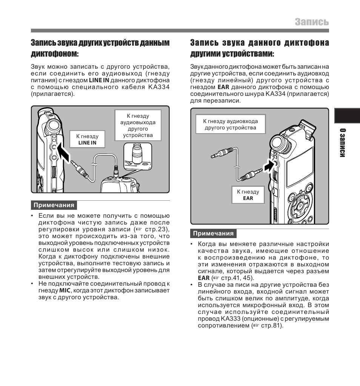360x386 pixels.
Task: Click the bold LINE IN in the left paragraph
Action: (99, 80)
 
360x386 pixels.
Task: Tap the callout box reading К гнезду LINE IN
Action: (87, 139)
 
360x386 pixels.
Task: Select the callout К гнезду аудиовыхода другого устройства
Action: (138, 126)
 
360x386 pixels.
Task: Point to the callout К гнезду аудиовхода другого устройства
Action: (230, 125)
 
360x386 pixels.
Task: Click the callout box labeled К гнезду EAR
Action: (248, 195)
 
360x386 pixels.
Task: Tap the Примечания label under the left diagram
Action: (54, 205)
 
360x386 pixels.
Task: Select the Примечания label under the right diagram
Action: (213, 234)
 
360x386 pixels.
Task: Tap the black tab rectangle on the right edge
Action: (347, 116)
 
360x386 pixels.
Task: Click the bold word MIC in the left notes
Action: (65, 291)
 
